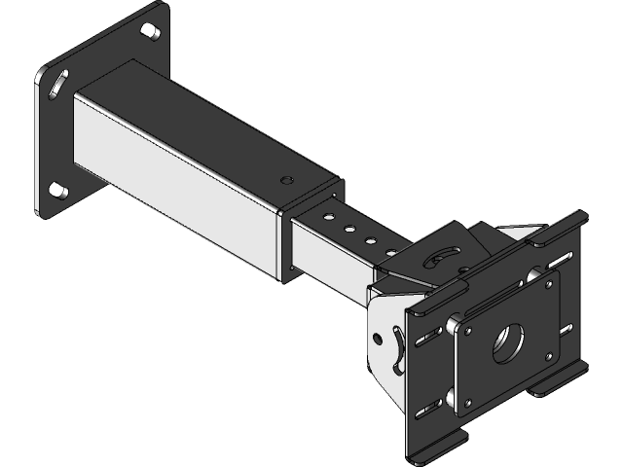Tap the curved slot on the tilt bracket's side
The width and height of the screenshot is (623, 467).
click(x=395, y=350)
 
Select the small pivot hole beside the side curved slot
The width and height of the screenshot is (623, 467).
click(x=377, y=337)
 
